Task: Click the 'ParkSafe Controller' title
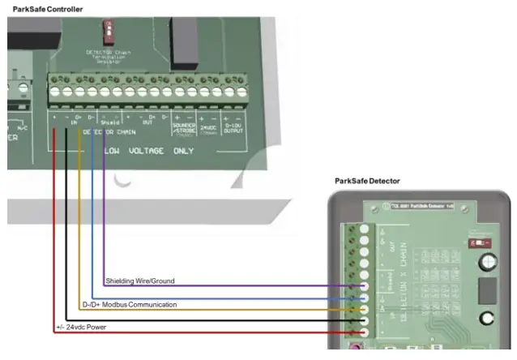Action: pos(47,8)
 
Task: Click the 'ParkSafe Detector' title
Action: pos(367,181)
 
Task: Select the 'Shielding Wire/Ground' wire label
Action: pos(139,281)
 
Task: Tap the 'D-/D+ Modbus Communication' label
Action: pos(130,305)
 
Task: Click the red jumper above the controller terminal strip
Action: pos(106,32)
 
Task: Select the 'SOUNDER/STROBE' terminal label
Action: pos(181,130)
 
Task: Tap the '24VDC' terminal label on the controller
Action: pos(207,128)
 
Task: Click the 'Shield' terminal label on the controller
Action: pos(111,122)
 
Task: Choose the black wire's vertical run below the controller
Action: pos(66,227)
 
